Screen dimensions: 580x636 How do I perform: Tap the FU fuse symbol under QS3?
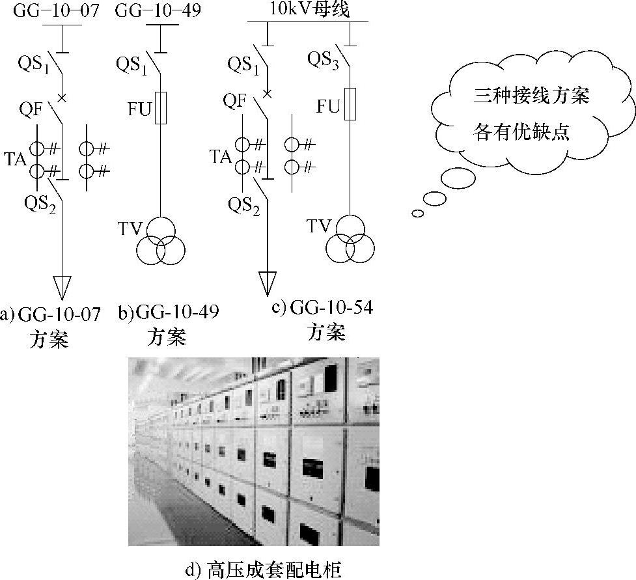(351, 104)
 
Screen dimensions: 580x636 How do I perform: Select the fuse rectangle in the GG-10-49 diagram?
(161, 107)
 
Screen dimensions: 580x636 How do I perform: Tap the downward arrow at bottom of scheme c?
(268, 282)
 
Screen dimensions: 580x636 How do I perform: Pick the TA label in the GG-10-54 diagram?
(221, 156)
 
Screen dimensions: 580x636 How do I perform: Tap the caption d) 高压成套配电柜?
(264, 570)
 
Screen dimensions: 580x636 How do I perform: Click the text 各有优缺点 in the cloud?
(521, 132)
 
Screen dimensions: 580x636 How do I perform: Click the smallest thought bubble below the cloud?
(417, 213)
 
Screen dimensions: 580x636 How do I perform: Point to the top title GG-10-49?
(158, 10)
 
